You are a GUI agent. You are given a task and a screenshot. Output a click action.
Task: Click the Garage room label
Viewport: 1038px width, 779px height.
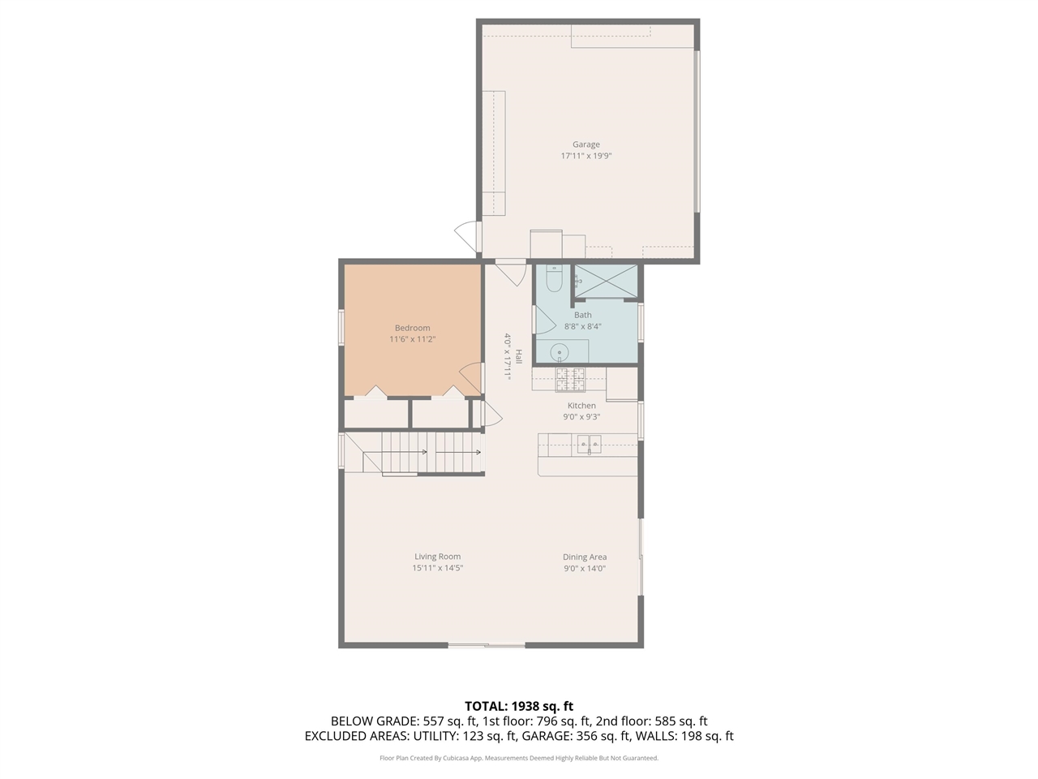point(585,144)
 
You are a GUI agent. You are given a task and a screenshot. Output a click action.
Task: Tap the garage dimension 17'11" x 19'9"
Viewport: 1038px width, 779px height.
point(585,156)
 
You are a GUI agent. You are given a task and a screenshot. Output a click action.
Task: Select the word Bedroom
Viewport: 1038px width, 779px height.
point(412,328)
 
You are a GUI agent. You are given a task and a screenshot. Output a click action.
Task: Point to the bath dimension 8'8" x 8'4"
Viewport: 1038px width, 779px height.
point(582,326)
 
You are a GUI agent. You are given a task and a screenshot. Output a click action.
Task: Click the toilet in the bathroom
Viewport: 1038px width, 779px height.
point(554,278)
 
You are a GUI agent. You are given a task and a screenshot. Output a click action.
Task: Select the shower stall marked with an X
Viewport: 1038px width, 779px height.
point(605,281)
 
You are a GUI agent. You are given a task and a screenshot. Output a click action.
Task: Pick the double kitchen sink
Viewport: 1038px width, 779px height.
point(589,443)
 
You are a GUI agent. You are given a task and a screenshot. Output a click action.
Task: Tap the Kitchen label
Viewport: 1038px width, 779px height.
point(581,406)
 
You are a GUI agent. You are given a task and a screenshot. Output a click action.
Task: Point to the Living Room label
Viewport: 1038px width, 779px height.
point(437,557)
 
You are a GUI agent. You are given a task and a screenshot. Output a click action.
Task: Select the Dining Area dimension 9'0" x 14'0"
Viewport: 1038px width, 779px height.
point(585,568)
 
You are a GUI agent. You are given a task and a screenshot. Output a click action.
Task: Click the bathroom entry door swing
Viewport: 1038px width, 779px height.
point(543,319)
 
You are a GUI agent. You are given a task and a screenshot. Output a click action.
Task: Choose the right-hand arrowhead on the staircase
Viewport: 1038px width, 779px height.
point(478,452)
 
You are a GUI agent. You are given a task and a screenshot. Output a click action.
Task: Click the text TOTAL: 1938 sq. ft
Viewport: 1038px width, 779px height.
point(518,706)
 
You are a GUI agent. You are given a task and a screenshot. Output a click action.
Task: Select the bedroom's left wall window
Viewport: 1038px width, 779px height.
point(341,327)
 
